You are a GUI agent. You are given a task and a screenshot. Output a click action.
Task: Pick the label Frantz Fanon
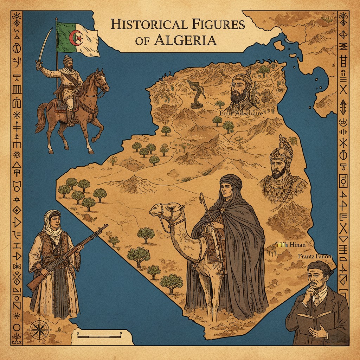click(315, 256)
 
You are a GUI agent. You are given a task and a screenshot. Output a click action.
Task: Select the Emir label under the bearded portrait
click(241, 113)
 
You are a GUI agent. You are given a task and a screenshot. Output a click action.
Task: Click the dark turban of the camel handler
click(231, 182)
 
